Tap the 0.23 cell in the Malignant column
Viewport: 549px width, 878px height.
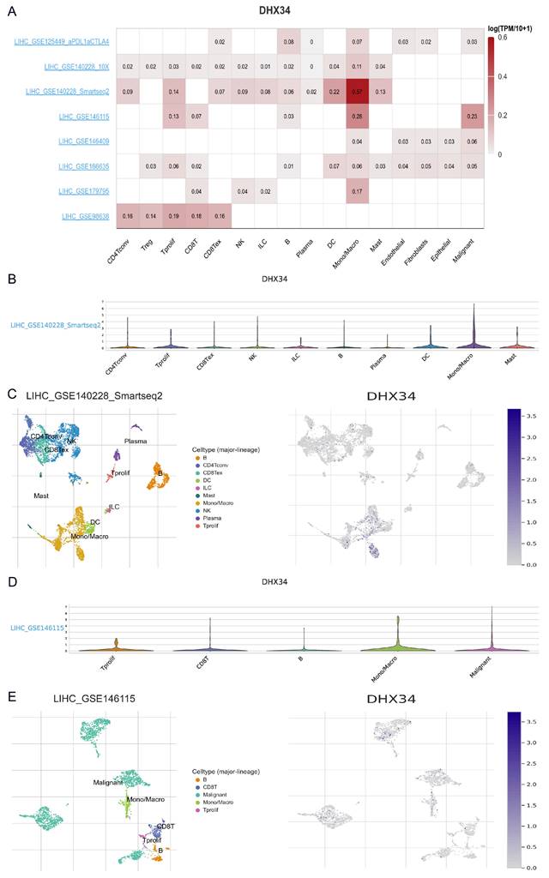(x=468, y=116)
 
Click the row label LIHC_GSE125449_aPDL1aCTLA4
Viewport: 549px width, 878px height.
(x=63, y=42)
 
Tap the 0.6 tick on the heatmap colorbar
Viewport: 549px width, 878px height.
(x=502, y=38)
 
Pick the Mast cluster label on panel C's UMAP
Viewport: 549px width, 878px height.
(x=40, y=496)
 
